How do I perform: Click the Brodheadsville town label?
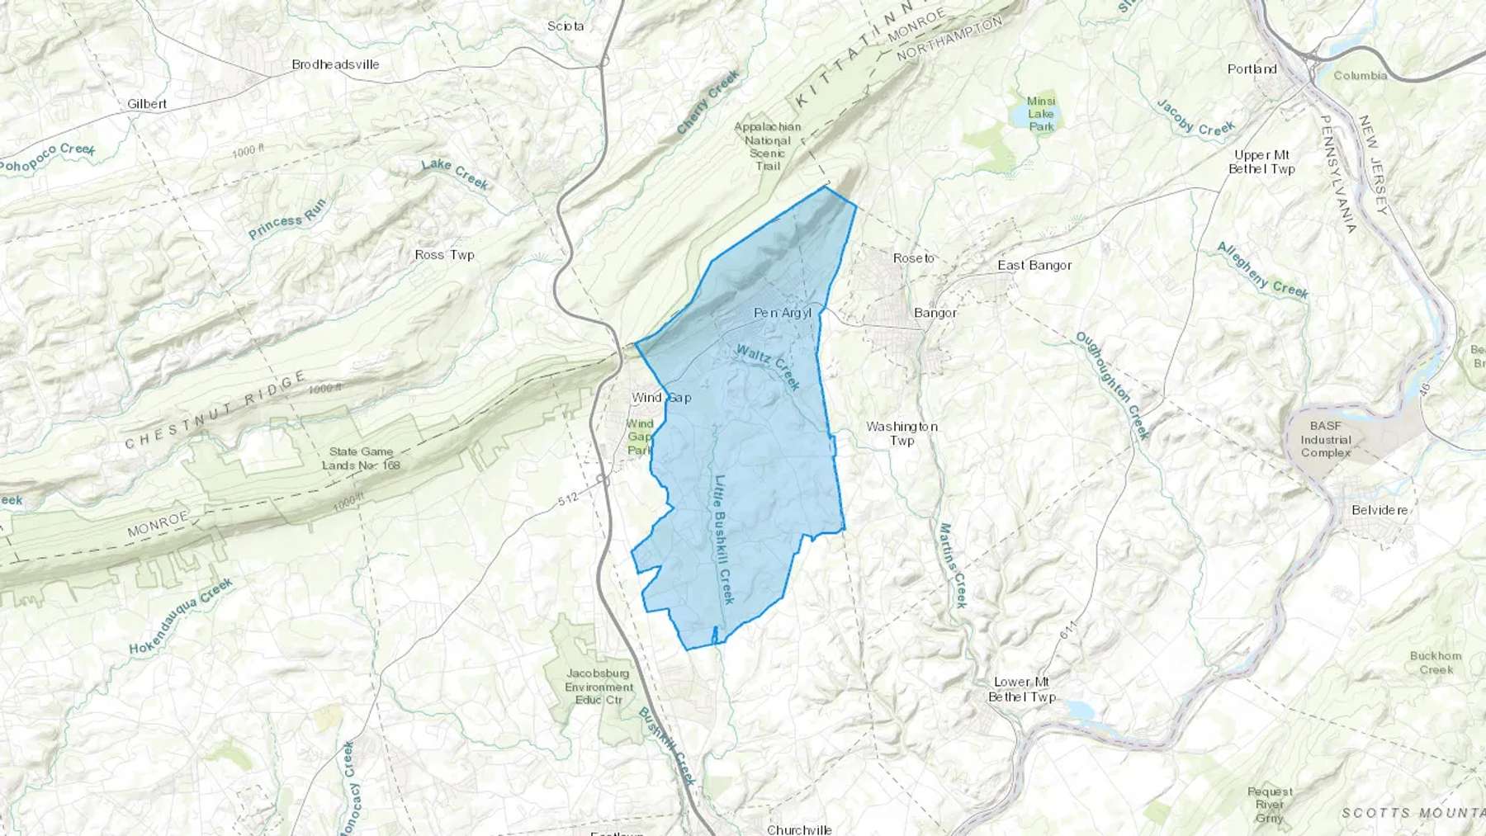335,64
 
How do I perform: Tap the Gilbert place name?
147,104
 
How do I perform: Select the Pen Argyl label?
783,313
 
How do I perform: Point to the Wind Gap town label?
661,398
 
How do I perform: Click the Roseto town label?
913,258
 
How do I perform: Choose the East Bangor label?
1034,265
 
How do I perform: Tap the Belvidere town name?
1380,510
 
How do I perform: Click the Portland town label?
1252,69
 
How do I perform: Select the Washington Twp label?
902,433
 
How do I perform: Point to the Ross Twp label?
444,255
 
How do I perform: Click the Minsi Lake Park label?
1041,114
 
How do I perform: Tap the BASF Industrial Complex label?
1325,439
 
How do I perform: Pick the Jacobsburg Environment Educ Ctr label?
599,687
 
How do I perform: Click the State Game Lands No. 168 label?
361,458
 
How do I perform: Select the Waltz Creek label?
768,366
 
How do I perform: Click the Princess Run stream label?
287,219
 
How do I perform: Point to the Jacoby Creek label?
1195,118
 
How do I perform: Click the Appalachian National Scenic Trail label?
768,146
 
